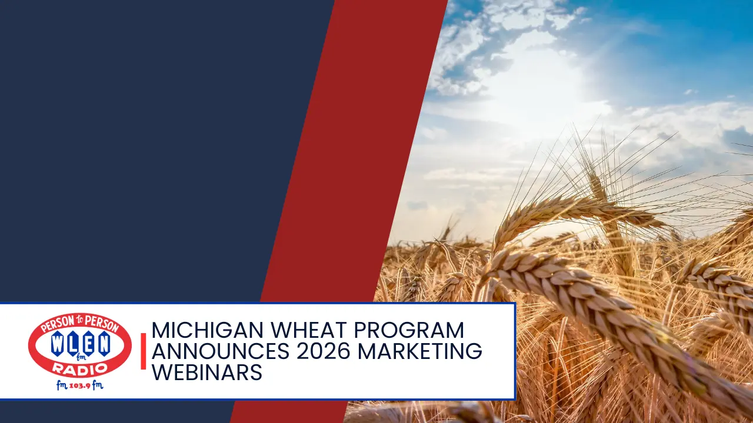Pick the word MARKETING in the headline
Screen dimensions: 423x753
click(x=420, y=351)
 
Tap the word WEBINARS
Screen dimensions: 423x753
click(x=206, y=372)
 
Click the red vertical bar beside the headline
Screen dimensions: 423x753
click(x=144, y=351)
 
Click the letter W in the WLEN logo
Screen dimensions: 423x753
click(x=57, y=344)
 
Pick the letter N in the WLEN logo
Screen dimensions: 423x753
click(x=104, y=344)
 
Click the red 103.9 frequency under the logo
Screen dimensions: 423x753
click(x=80, y=386)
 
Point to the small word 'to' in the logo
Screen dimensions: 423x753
click(x=81, y=321)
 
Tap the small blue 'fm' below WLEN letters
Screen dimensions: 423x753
click(x=81, y=355)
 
